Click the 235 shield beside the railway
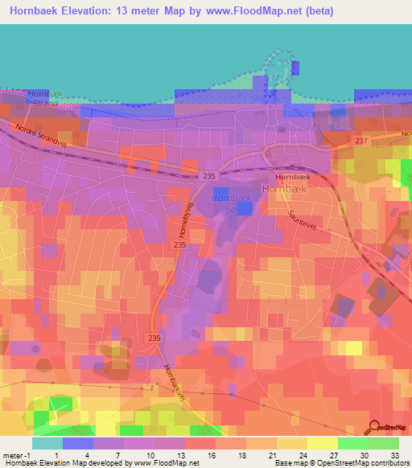coord(210,176)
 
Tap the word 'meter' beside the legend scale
coord(13,455)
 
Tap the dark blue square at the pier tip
coord(295,68)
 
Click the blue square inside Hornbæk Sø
coord(245,207)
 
